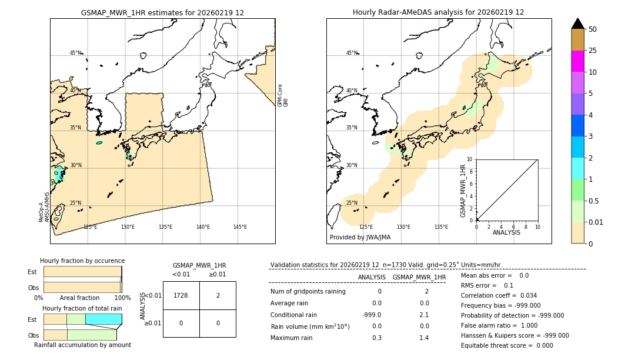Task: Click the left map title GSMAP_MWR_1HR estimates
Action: click(162, 12)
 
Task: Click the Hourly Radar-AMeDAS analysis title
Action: click(438, 12)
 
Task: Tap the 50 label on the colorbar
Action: click(593, 29)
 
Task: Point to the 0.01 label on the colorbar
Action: click(596, 222)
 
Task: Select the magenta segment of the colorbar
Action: click(577, 61)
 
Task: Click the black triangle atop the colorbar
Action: click(577, 24)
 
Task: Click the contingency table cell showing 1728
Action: click(181, 295)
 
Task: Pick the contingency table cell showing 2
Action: click(218, 295)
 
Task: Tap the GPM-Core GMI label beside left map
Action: click(283, 95)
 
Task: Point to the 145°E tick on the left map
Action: click(240, 227)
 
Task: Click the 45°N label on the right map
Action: click(352, 53)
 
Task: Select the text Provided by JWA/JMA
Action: click(360, 237)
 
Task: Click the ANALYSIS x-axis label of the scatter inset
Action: click(507, 232)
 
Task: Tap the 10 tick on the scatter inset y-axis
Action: click(470, 159)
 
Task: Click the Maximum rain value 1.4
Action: click(423, 338)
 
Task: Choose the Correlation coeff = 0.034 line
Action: click(499, 295)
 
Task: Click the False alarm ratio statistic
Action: click(499, 325)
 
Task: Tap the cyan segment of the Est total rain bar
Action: click(103, 319)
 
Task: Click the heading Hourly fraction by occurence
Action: click(82, 261)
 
